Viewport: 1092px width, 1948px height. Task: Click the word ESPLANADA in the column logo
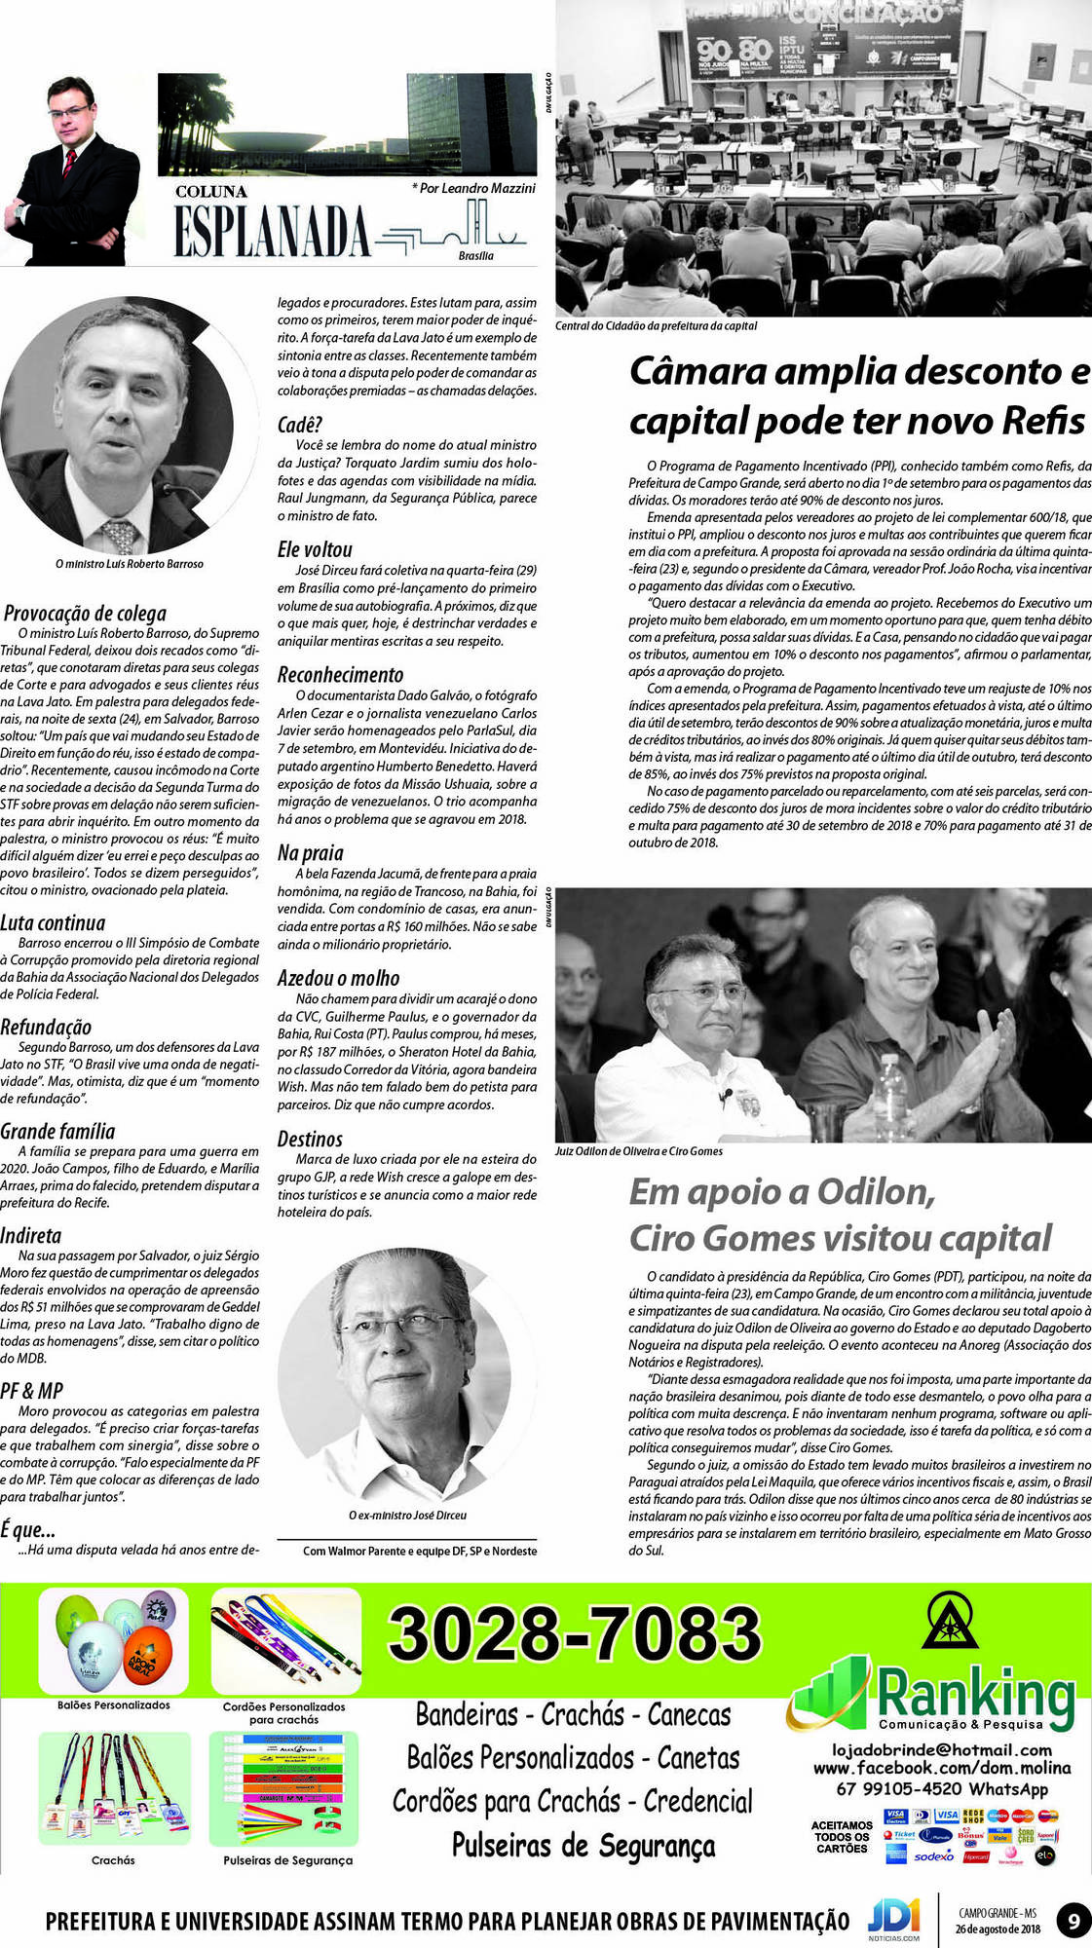272,231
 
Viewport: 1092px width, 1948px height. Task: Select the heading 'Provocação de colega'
85,613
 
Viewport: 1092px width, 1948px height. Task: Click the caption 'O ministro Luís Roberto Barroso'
130,564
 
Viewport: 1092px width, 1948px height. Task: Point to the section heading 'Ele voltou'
315,549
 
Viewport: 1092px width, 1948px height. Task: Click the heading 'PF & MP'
31,1391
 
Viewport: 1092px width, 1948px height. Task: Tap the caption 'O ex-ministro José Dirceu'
407,1516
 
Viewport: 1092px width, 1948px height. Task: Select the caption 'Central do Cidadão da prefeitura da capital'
656,326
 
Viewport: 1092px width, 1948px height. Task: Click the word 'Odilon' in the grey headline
876,1191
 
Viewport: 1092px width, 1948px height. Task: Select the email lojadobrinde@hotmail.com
941,1750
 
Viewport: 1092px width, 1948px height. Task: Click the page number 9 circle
1073,1922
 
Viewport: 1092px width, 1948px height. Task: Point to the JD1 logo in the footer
893,1917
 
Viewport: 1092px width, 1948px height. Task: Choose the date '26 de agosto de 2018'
997,1929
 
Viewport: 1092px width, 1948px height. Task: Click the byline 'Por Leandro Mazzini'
475,188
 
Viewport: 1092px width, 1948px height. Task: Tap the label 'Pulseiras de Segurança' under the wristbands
287,1860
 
